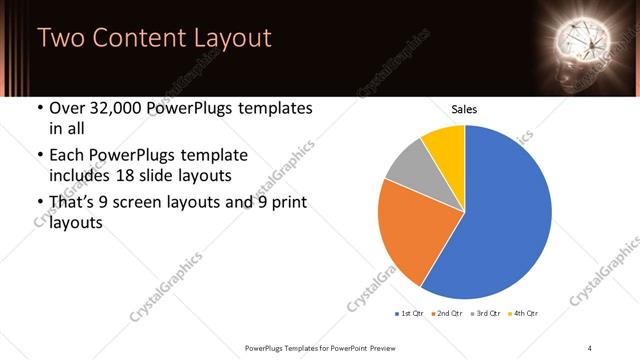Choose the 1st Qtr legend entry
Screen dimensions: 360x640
point(410,314)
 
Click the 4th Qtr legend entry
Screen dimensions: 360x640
point(525,314)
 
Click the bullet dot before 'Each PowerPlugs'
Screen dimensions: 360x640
point(39,156)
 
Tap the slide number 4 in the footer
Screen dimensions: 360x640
point(589,347)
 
